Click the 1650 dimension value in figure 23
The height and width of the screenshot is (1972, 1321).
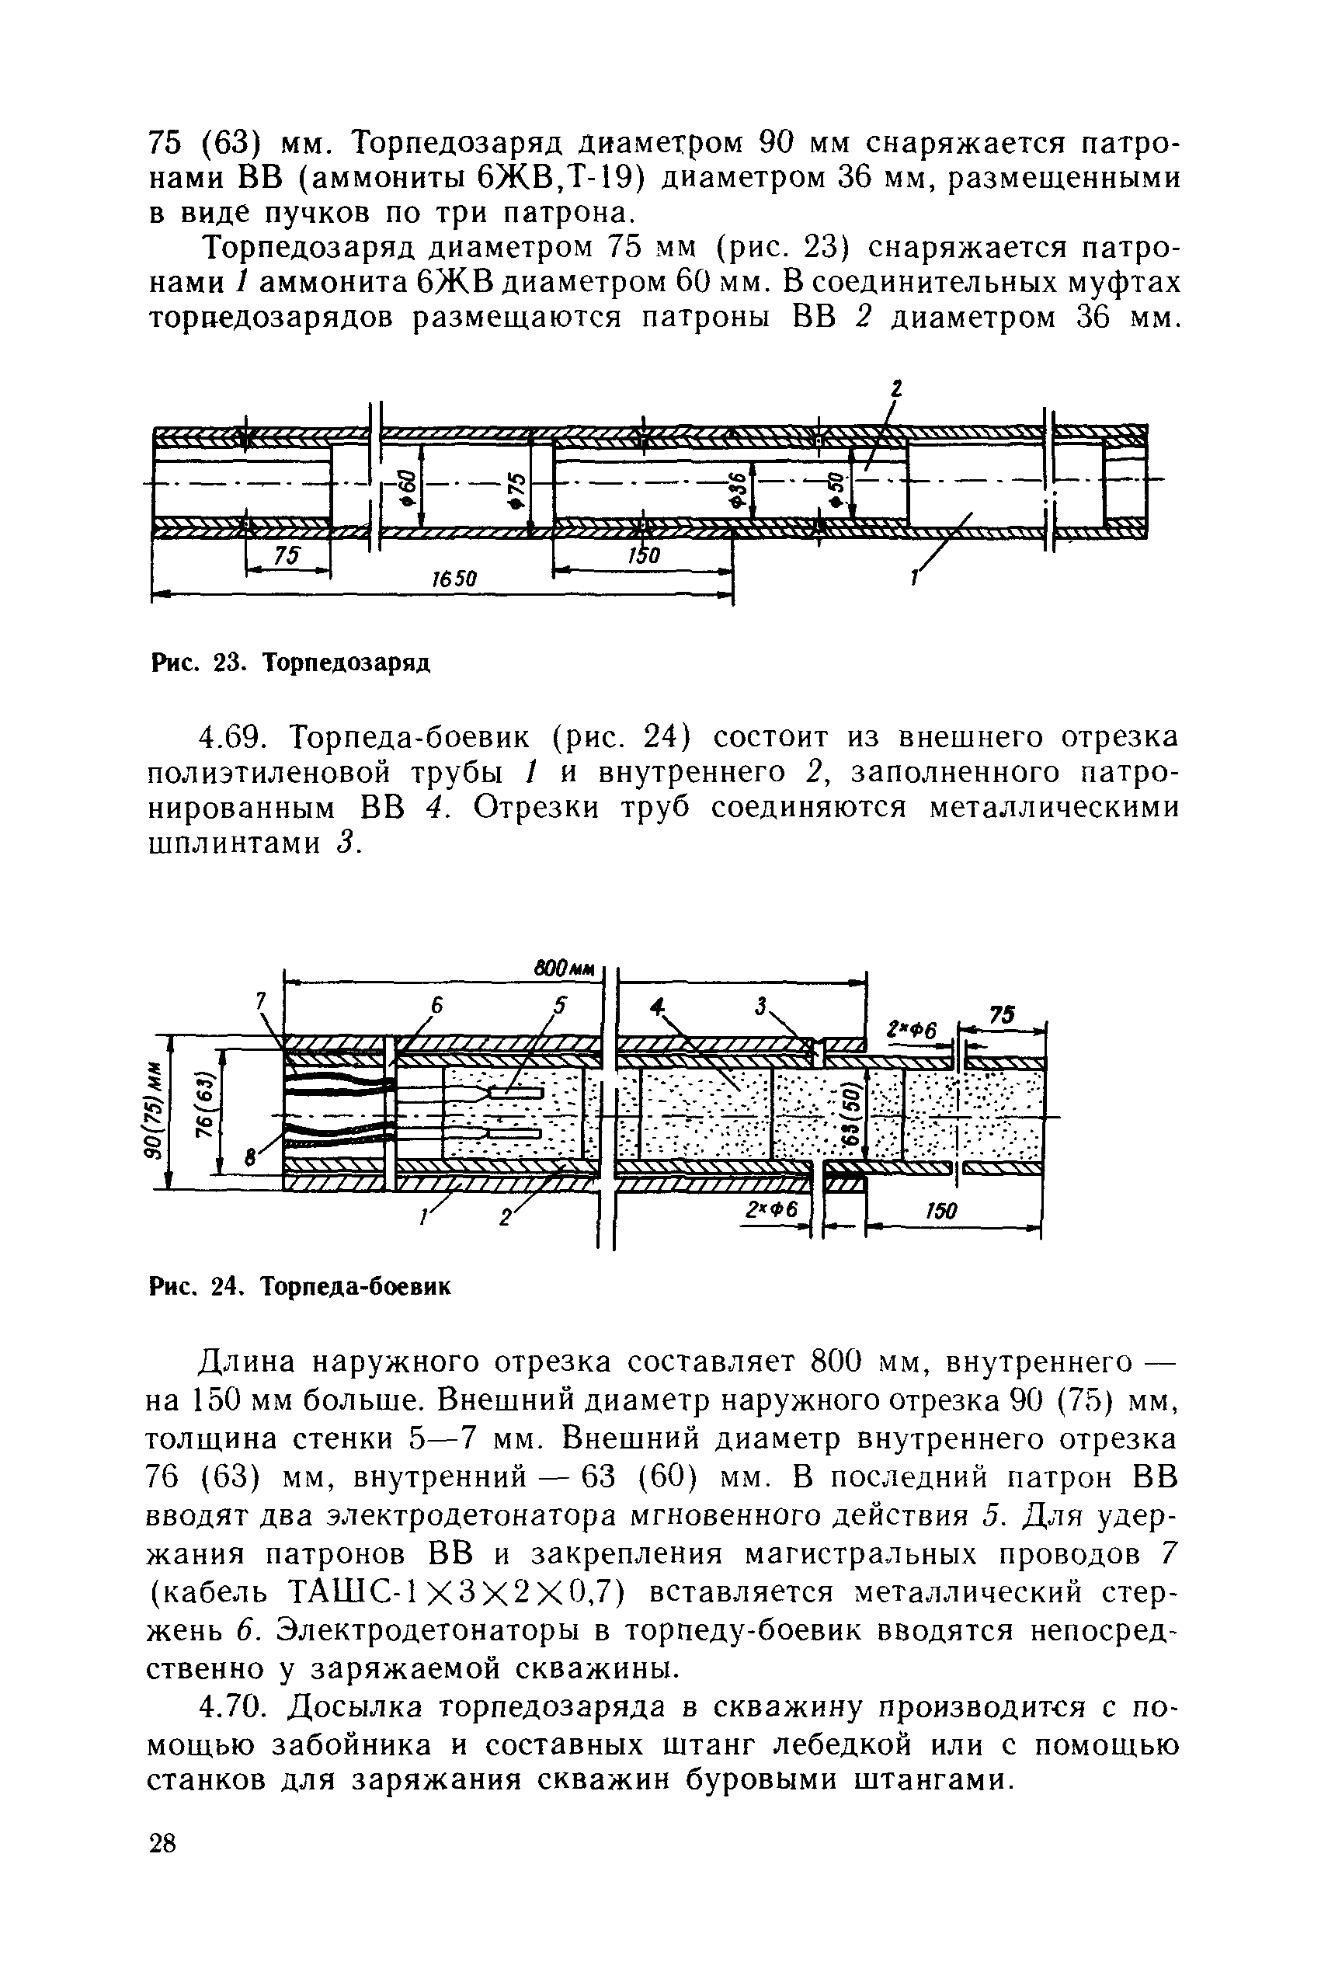455,579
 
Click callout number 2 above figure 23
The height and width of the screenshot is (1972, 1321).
896,388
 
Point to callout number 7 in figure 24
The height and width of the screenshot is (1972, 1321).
261,1000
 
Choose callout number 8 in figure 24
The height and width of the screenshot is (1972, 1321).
249,1158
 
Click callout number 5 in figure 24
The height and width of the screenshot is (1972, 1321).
560,1004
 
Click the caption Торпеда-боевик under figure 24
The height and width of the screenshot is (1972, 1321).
356,1287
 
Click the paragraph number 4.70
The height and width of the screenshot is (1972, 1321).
232,1707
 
